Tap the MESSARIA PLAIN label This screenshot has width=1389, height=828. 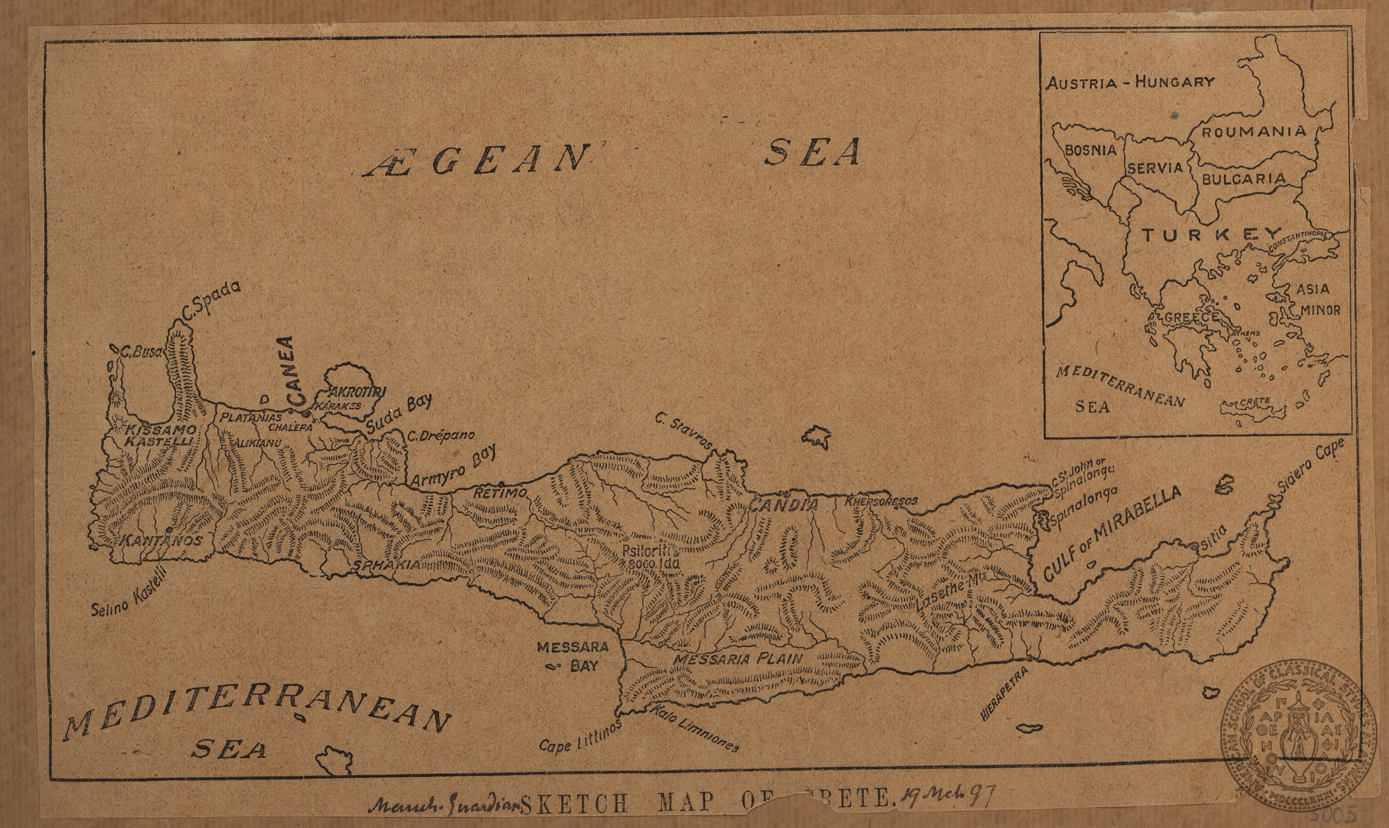(738, 659)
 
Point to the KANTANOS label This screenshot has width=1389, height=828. (161, 541)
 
